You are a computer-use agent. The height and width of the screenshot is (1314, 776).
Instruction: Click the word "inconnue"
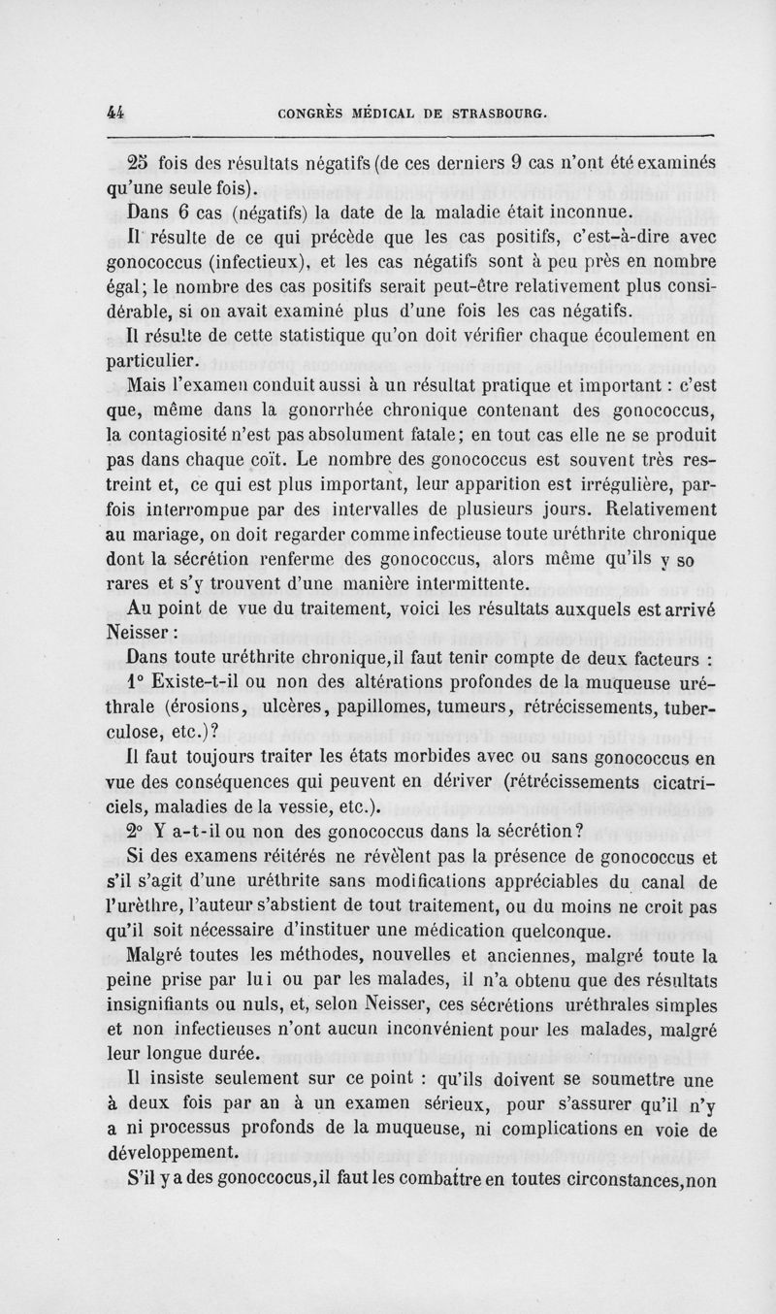[x=585, y=210]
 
